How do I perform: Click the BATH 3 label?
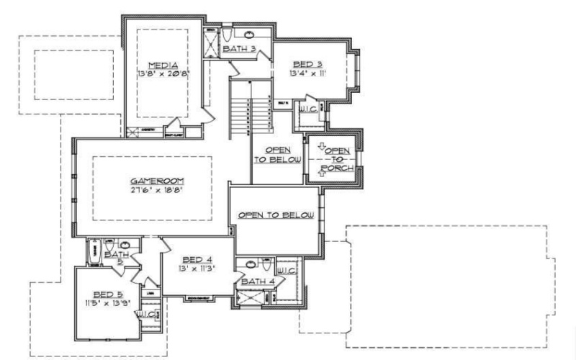(x=238, y=49)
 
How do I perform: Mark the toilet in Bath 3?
(x=226, y=35)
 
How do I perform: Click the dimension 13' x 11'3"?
(x=197, y=269)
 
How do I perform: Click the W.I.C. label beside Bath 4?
(x=288, y=271)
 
